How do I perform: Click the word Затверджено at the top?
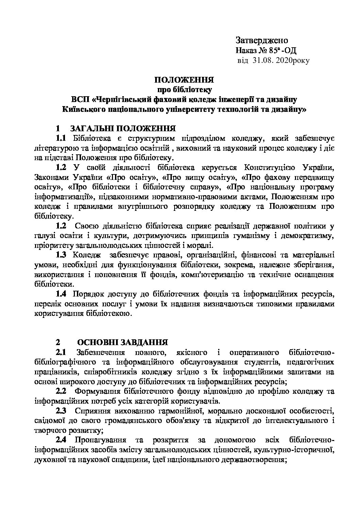tap(262, 40)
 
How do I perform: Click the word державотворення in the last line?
tap(258, 460)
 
